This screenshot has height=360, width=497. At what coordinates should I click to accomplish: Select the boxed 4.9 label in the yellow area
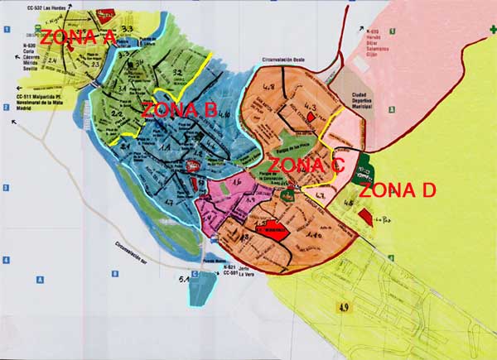[x=342, y=308]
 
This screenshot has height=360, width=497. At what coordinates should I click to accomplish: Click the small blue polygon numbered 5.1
[x=205, y=284]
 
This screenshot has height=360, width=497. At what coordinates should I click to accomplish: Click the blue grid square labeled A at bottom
[x=39, y=280]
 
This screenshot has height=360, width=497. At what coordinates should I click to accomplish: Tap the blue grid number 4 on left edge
[x=6, y=260]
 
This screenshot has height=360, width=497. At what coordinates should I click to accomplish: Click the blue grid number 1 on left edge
[x=6, y=30]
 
